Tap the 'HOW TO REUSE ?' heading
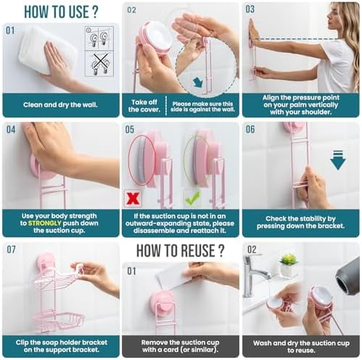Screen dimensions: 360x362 181,252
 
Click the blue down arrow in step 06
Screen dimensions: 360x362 337,159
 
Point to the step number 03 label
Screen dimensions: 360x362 250,9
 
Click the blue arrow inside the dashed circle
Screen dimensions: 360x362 198,81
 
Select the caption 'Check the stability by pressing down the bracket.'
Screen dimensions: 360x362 300,223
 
